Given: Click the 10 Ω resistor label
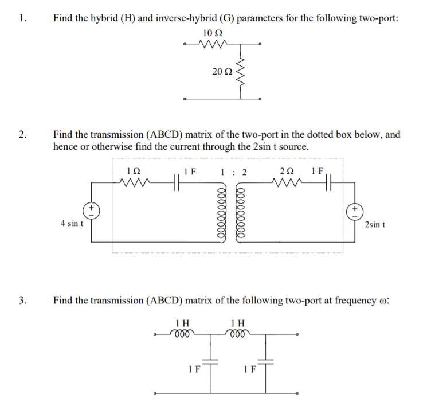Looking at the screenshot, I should click(x=210, y=33).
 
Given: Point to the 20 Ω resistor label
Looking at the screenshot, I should click(x=222, y=72).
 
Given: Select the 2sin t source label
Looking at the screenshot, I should click(x=374, y=224).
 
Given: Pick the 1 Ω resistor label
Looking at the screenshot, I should click(x=133, y=171).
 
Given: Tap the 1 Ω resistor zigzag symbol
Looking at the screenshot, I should click(x=135, y=184).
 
